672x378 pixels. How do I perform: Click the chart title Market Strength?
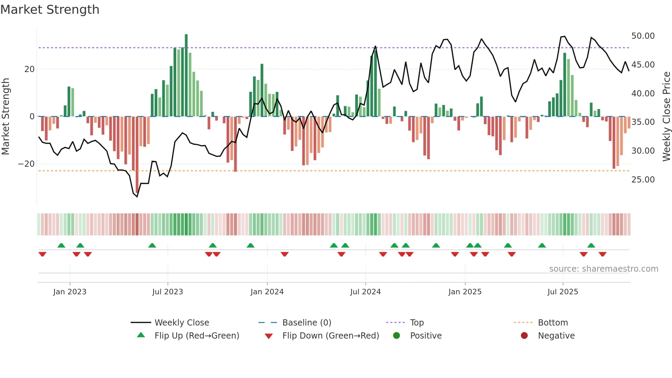50,10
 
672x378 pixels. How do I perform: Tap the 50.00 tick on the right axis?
643,36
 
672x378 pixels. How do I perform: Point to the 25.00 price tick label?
643,180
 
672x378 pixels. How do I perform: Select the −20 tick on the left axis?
26,164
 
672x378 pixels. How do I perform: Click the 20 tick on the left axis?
29,69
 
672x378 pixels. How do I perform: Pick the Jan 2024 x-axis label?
267,292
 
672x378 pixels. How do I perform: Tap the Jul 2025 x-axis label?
563,292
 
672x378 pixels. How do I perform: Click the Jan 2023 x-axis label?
70,292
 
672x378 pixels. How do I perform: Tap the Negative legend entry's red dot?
524,336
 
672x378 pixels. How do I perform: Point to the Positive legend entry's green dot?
397,336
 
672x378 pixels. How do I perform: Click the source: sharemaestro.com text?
603,269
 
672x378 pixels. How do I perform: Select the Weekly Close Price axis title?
666,117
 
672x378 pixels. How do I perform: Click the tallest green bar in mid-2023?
186,75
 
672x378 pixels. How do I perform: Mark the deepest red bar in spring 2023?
137,154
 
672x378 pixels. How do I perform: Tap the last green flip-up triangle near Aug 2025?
591,245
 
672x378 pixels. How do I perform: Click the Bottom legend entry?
553,323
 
